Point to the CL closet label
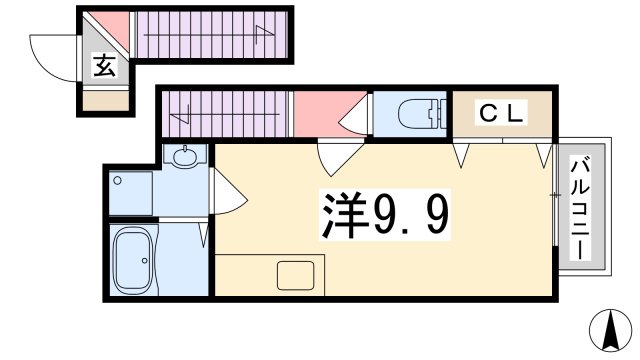(x=499, y=115)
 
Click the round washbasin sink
(x=186, y=156)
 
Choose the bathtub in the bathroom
(x=133, y=259)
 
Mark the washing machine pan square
(x=131, y=191)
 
